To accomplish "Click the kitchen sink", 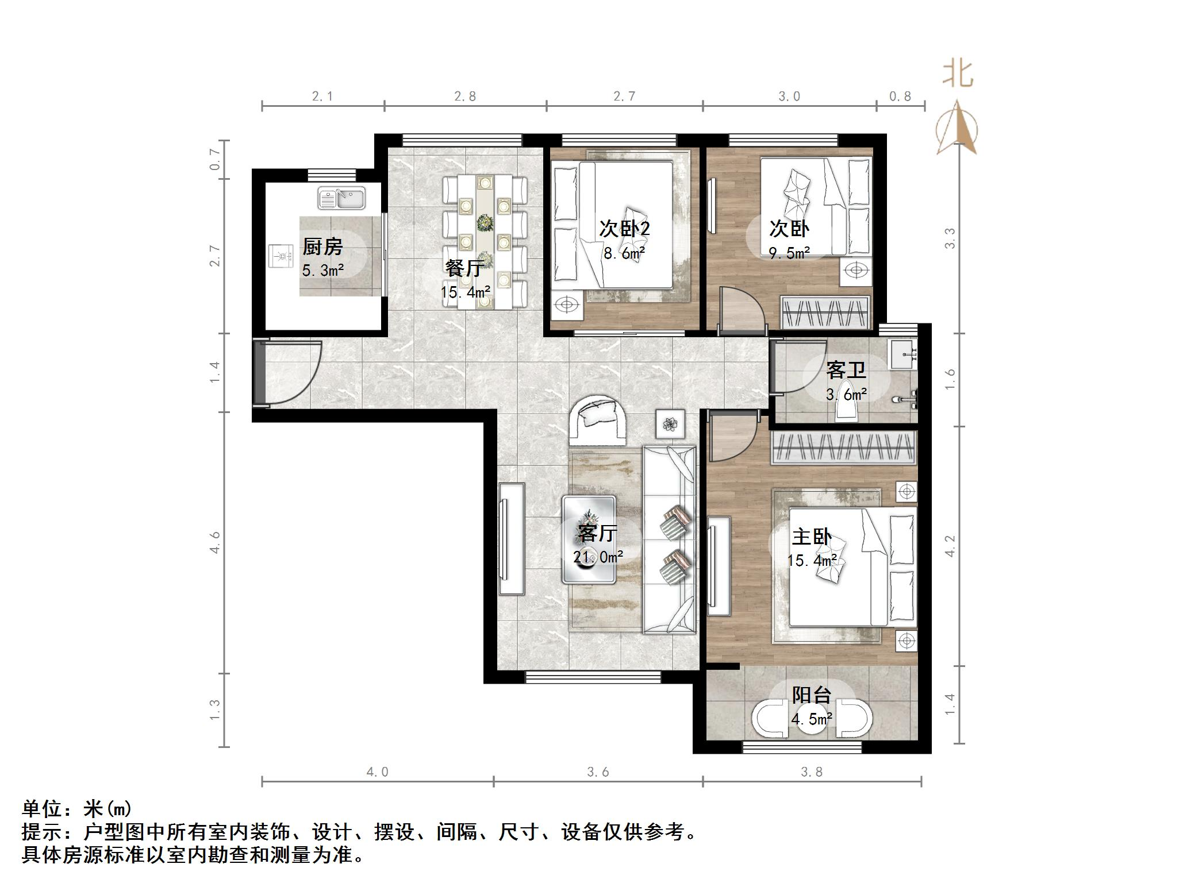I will pos(341,198).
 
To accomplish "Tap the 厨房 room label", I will pos(322,247).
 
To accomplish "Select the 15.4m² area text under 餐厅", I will pos(465,292).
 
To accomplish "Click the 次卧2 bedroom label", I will pos(624,229).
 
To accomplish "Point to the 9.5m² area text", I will pos(789,253).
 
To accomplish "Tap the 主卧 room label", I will pos(811,537).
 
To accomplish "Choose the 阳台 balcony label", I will pos(811,696).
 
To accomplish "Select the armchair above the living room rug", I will pos(597,421).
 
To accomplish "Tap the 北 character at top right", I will pos(958,75).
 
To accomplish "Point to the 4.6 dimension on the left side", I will pos(215,542).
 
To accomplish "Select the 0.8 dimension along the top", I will pos(900,97).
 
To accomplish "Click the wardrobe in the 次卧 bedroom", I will pos(825,313).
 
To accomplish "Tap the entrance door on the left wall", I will pos(260,373).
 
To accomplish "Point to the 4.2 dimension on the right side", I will pos(950,546).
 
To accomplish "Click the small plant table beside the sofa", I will pos(670,424).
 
